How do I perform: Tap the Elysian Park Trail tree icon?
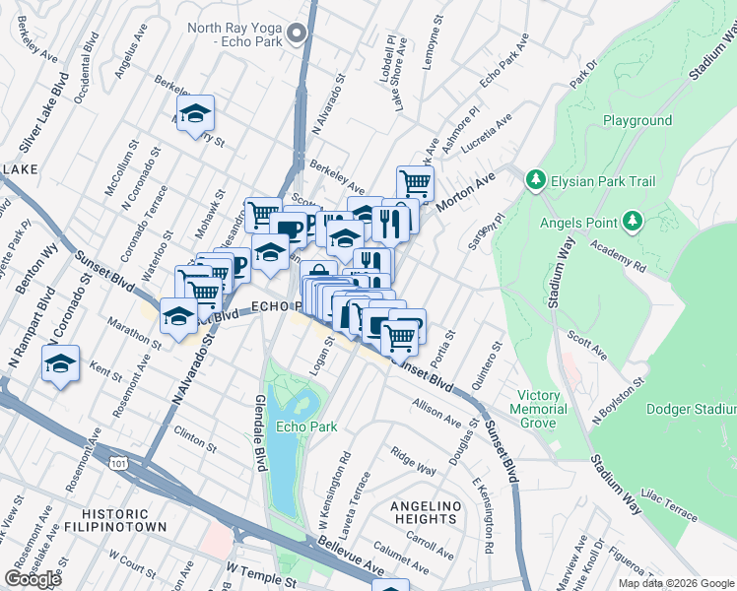coord(536,179)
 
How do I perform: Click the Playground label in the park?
coord(637,121)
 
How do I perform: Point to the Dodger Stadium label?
coord(691,409)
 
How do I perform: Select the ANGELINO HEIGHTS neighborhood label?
coord(426,514)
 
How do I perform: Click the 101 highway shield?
coord(119,462)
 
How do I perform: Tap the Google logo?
coord(33,579)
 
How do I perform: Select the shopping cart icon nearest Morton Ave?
coord(415,182)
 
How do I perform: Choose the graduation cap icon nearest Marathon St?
coord(178,316)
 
